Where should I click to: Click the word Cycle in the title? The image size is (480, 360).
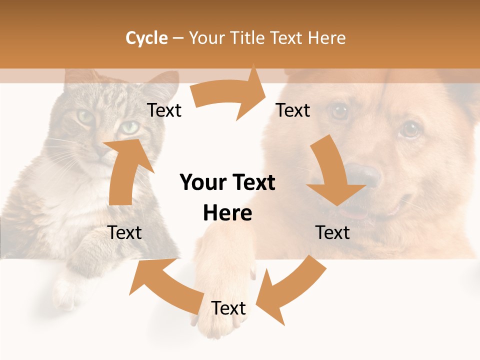point(146,38)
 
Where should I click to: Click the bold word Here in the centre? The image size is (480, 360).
point(227,213)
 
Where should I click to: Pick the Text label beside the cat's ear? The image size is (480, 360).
point(164,110)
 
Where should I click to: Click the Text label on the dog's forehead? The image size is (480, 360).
point(293,110)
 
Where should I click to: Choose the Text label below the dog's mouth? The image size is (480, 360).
point(332,232)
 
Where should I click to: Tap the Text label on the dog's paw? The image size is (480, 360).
point(228,308)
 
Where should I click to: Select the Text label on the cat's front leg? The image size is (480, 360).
point(125,232)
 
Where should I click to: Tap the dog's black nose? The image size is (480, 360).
point(364,175)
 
